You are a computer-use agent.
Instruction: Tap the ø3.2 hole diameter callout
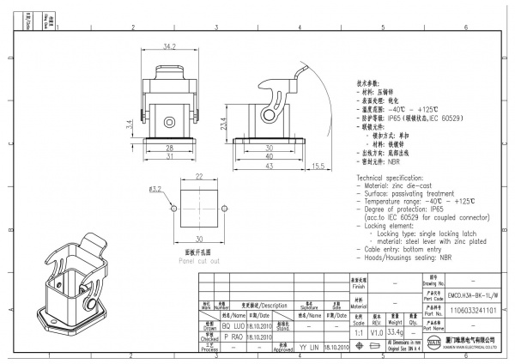pos(155,189)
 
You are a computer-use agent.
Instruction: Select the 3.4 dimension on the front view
pos(128,125)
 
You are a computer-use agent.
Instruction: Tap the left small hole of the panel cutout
pos(174,209)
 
